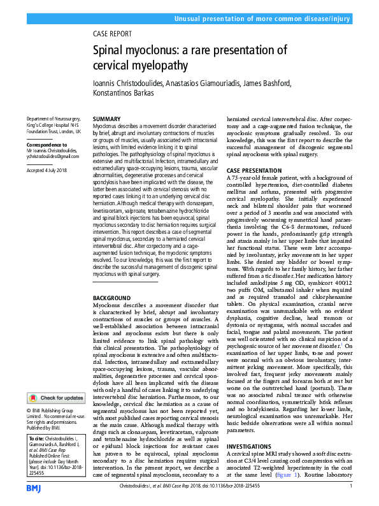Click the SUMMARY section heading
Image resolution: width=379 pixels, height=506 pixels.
pos(107,119)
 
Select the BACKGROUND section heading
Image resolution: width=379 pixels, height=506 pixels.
pos(111,298)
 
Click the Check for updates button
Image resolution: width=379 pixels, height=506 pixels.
pos(57,398)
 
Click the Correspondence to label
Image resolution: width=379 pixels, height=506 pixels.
pos(48,145)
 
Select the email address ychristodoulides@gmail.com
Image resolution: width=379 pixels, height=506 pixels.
pos(53,156)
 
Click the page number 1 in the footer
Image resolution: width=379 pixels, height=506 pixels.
pos(351,488)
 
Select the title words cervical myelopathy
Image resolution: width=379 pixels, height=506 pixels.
pos(140,65)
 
